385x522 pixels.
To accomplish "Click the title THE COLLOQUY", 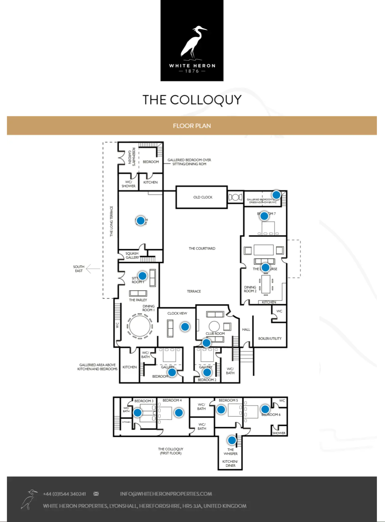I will click(192, 100).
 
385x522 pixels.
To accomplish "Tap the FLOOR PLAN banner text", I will click(192, 126).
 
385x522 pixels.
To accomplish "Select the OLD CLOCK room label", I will click(203, 197).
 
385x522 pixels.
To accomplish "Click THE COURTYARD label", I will click(202, 248).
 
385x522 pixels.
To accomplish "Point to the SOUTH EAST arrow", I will click(93, 269).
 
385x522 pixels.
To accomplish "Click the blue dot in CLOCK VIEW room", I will click(185, 327).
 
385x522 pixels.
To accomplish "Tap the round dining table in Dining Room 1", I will click(140, 326).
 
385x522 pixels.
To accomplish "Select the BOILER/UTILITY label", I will click(270, 338).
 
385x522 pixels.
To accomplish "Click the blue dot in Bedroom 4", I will click(179, 413).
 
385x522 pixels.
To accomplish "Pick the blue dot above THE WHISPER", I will click(232, 440).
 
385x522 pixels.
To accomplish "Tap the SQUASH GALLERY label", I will click(132, 255).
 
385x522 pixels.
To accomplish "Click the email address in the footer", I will click(166, 494).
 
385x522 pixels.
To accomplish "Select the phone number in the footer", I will click(64, 494).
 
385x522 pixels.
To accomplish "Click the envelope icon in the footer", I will click(96, 494).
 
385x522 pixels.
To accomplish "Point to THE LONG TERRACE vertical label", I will click(111, 221).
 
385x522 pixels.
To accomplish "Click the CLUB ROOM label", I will click(215, 334).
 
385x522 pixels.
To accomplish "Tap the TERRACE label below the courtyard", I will click(194, 291).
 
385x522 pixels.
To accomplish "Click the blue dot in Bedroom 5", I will click(221, 410).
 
